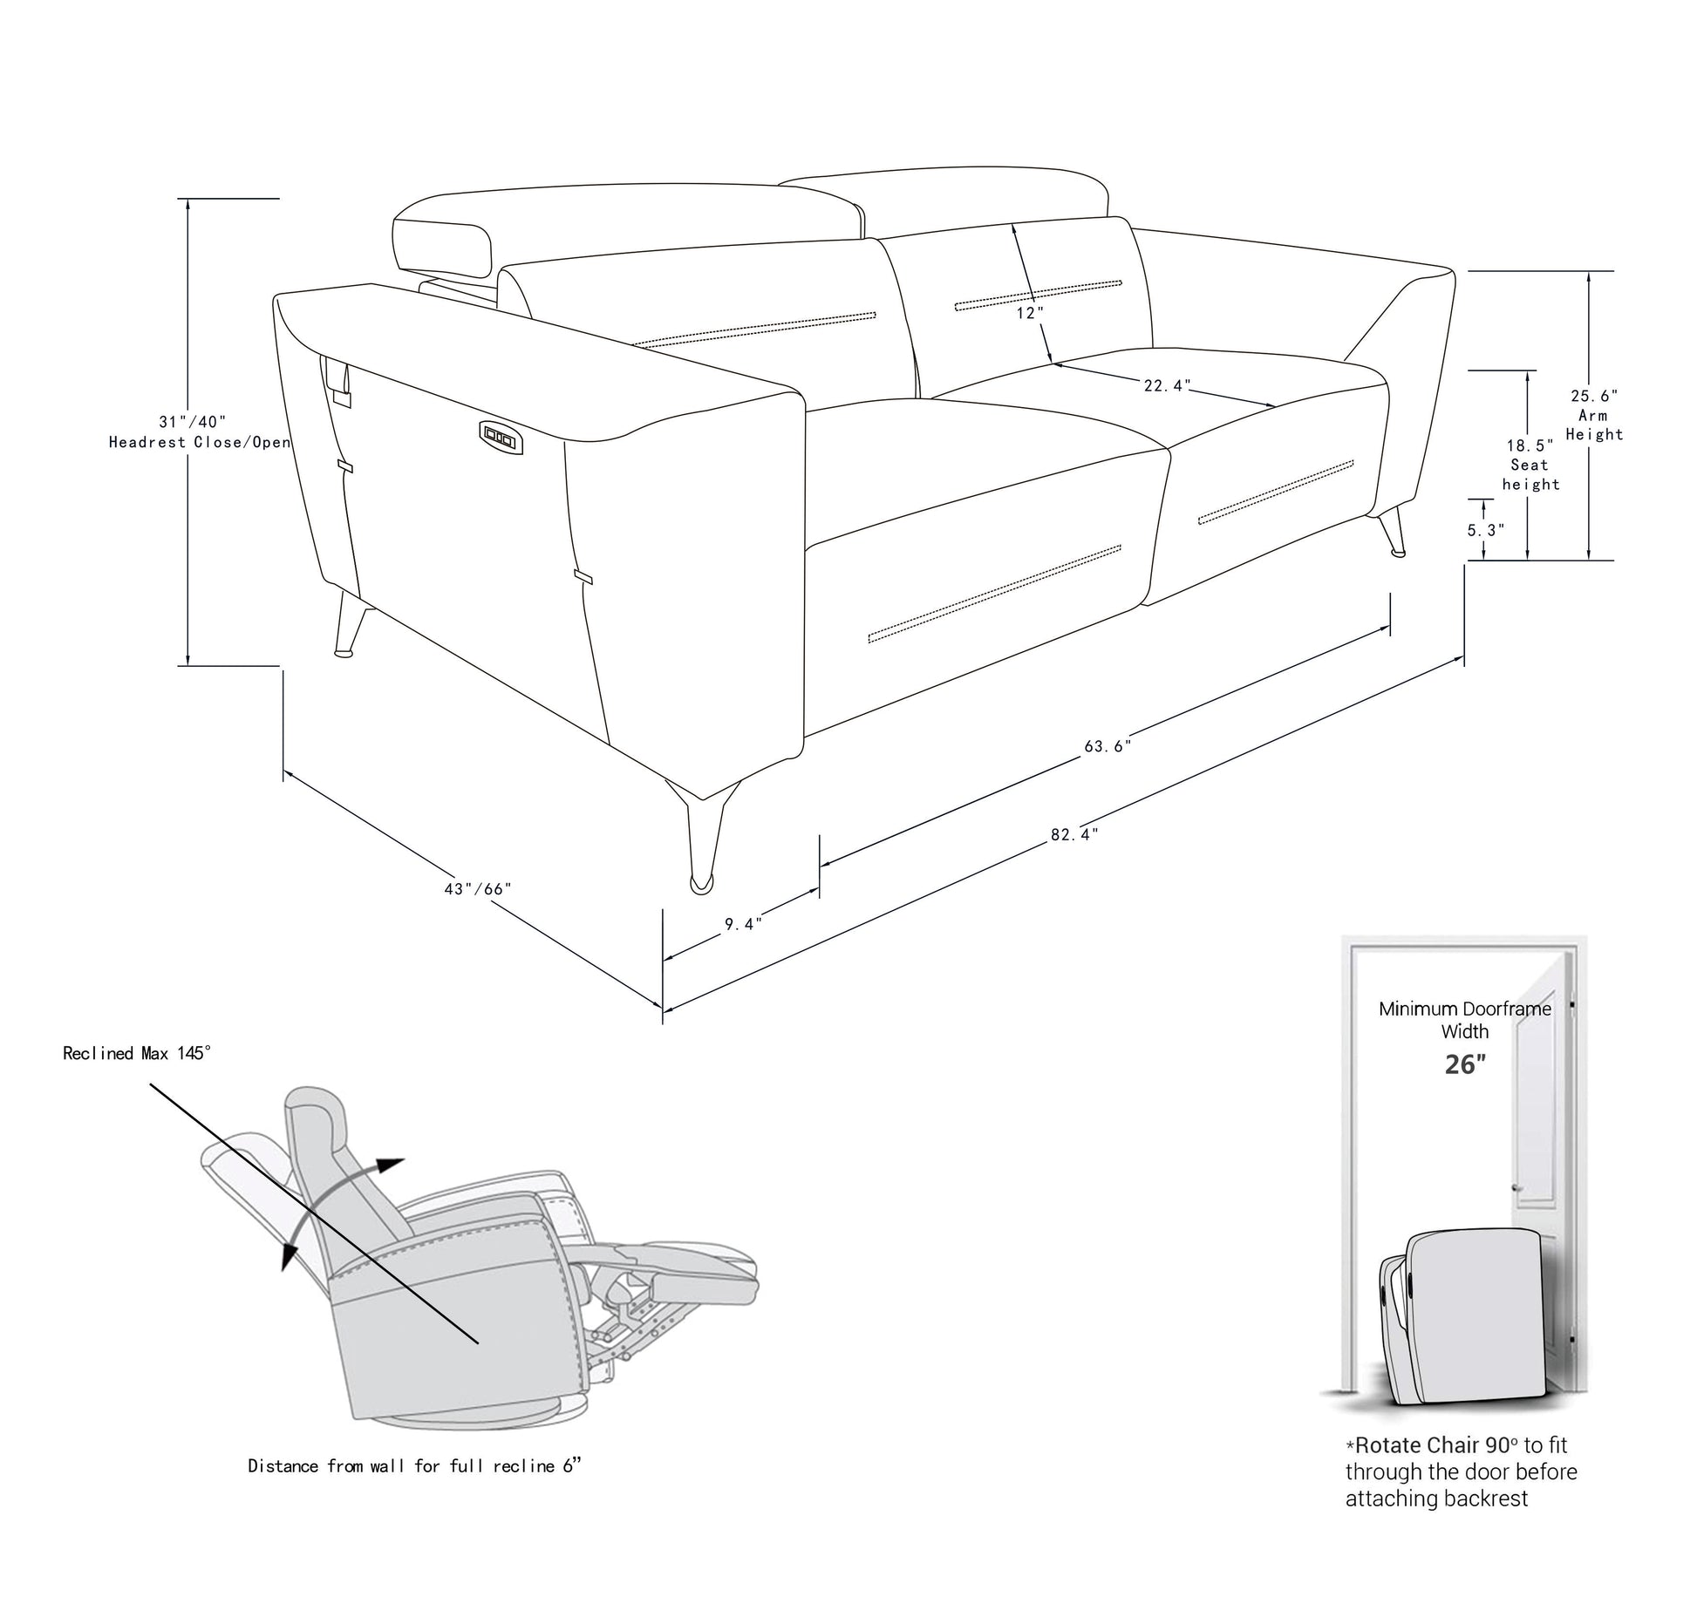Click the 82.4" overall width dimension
pyautogui.click(x=1073, y=834)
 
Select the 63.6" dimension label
pyautogui.click(x=1107, y=746)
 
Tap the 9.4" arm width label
pyautogui.click(x=743, y=924)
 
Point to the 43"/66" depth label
pyautogui.click(x=478, y=889)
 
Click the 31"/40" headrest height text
pyautogui.click(x=193, y=422)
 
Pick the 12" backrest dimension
pyautogui.click(x=1029, y=313)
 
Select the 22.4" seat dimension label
pyautogui.click(x=1167, y=385)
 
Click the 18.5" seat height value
pyautogui.click(x=1530, y=446)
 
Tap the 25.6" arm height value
pyautogui.click(x=1594, y=396)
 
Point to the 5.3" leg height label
pyautogui.click(x=1485, y=530)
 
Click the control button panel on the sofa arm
pyautogui.click(x=501, y=436)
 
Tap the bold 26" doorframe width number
pyautogui.click(x=1465, y=1065)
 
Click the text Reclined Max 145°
pyautogui.click(x=137, y=1053)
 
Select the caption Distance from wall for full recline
pyautogui.click(x=413, y=1466)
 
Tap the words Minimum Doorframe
pyautogui.click(x=1465, y=1009)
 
